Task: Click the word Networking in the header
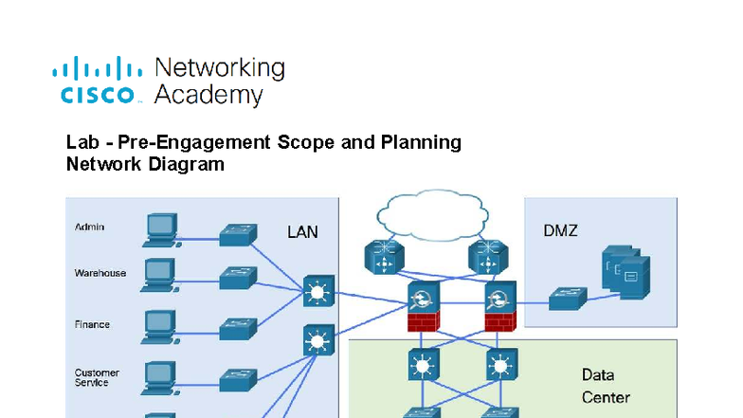point(219,68)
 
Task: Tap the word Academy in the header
point(208,95)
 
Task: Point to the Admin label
point(90,227)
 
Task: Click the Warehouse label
point(100,273)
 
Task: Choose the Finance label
point(92,324)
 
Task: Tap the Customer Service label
point(95,377)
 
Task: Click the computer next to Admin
point(161,227)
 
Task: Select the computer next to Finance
point(159,326)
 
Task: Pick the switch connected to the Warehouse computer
point(238,278)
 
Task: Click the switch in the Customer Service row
point(238,379)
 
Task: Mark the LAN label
point(302,231)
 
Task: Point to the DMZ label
point(560,231)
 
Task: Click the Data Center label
point(606,386)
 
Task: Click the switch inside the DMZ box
point(568,298)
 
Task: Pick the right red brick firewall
point(498,320)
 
